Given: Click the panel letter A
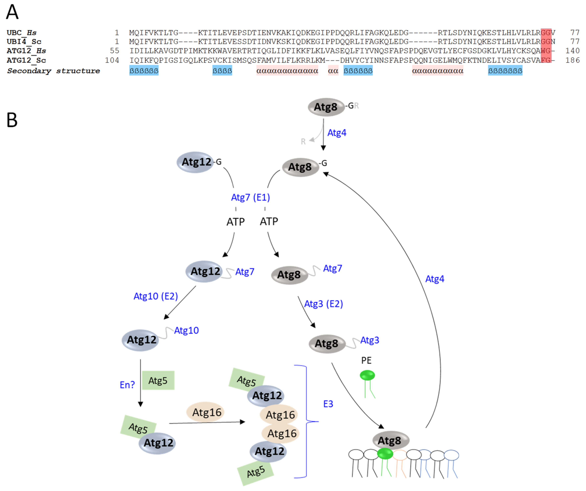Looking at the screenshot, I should pyautogui.click(x=12, y=12).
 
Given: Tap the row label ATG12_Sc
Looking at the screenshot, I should pyautogui.click(x=26, y=60).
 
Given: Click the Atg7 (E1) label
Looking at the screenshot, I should pyautogui.click(x=250, y=197).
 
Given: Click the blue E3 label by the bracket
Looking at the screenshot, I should pyautogui.click(x=328, y=404).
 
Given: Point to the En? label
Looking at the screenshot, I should pyautogui.click(x=127, y=385).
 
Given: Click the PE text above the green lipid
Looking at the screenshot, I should pyautogui.click(x=366, y=360).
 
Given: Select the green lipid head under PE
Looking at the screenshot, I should pyautogui.click(x=367, y=375).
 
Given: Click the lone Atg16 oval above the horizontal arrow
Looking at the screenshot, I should pyautogui.click(x=206, y=412).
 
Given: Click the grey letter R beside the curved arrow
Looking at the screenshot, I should pyautogui.click(x=303, y=141).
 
